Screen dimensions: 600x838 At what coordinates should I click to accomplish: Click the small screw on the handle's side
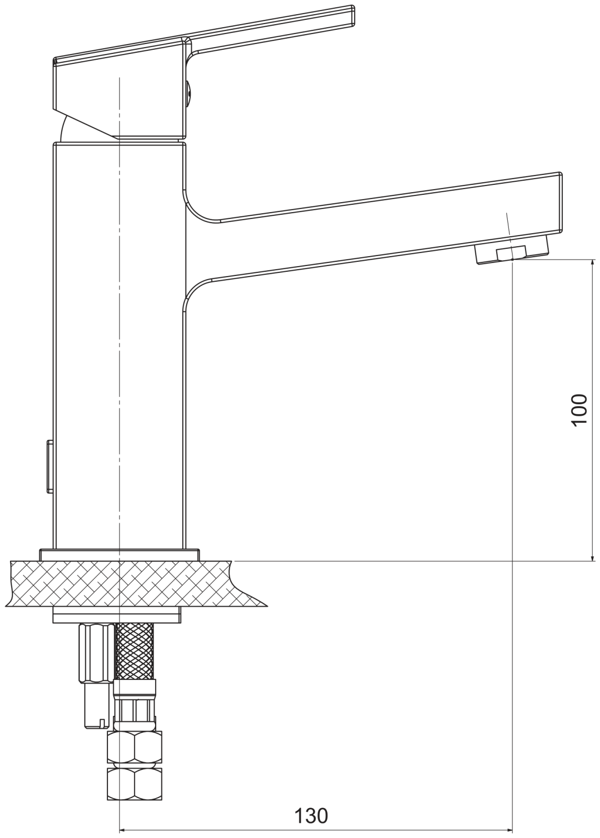click(189, 91)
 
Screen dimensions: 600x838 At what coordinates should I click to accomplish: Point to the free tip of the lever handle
click(353, 16)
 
